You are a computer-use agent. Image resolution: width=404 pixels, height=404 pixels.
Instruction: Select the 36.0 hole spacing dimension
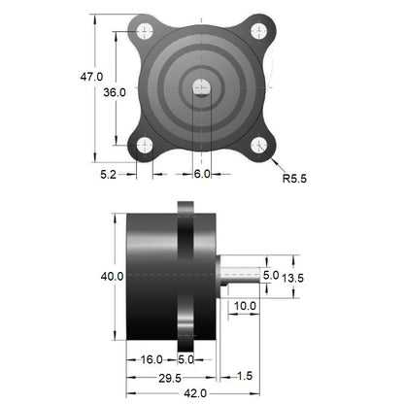click(x=115, y=91)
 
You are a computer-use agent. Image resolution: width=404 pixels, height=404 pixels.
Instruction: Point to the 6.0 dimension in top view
click(x=201, y=174)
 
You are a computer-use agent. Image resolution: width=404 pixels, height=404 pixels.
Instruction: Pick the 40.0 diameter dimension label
click(x=112, y=277)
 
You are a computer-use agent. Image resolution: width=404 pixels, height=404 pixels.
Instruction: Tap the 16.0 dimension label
click(x=151, y=358)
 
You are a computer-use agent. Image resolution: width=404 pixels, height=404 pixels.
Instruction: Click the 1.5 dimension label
click(x=243, y=375)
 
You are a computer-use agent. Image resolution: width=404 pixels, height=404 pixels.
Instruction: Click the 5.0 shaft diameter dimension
click(x=271, y=276)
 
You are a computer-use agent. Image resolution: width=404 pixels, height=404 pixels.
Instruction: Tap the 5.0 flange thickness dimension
click(x=185, y=358)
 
